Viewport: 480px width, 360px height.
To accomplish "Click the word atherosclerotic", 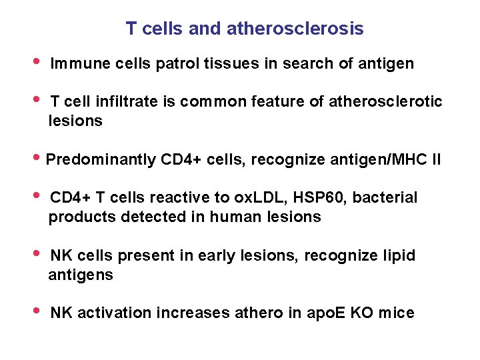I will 383,101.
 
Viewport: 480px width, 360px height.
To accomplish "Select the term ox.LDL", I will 260,198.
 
